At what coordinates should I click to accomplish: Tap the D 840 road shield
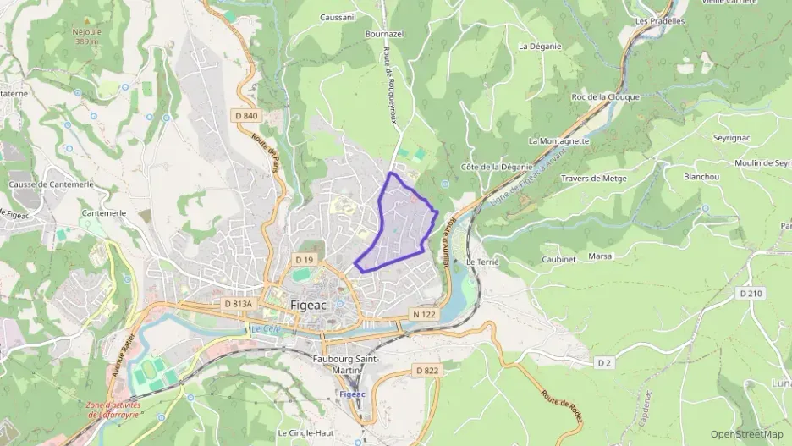click(x=246, y=116)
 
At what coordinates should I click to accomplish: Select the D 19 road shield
click(x=305, y=259)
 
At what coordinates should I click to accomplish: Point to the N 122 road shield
click(x=424, y=314)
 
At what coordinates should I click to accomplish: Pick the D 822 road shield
click(x=427, y=371)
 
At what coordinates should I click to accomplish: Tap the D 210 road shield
click(x=750, y=294)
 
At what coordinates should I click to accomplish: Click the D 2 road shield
click(x=603, y=362)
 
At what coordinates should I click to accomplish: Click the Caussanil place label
click(x=338, y=16)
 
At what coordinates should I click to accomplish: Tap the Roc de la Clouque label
click(x=606, y=97)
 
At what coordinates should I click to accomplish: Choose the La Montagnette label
click(x=558, y=140)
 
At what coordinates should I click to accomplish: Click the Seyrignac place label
click(x=711, y=138)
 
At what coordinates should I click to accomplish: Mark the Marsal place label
click(x=601, y=256)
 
